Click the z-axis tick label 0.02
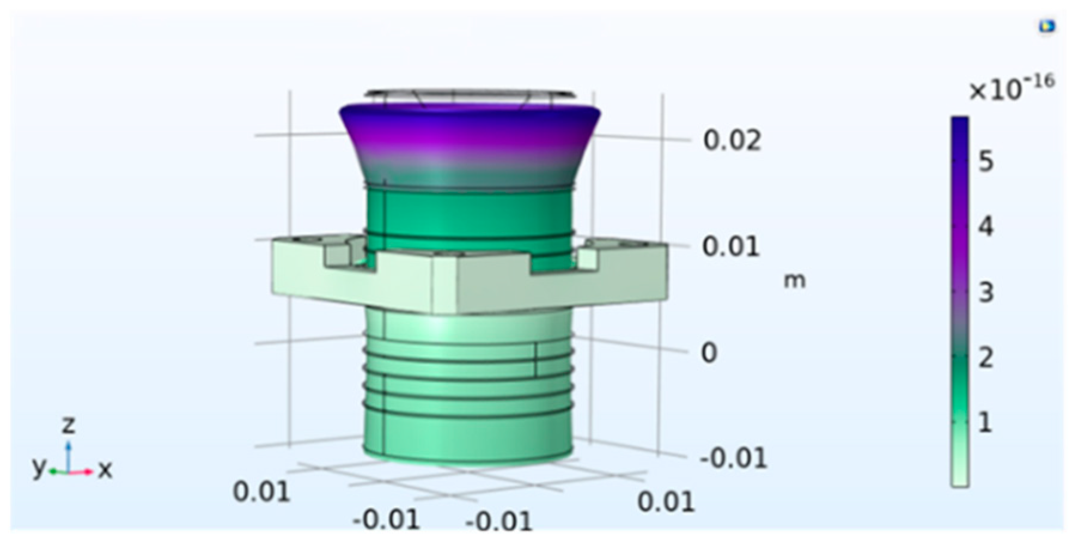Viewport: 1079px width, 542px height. pos(732,141)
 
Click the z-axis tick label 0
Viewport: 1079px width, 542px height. pos(709,353)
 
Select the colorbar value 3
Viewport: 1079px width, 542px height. pos(986,293)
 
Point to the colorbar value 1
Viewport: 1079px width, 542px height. pos(986,423)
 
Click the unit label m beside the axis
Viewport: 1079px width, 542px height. pos(795,281)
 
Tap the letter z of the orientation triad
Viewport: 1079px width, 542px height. pos(69,425)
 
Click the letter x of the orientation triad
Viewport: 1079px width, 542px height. pos(105,470)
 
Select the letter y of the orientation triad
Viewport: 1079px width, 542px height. pos(39,466)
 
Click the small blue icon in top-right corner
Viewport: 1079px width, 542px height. pos(1047,26)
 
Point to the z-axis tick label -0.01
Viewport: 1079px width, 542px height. pos(733,459)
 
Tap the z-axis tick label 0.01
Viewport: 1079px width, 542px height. pos(731,246)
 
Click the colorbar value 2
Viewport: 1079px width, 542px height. pos(986,358)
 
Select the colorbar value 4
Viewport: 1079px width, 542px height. pos(986,227)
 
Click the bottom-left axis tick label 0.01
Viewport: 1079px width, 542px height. pos(261,492)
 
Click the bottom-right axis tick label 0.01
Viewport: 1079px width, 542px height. pos(666,501)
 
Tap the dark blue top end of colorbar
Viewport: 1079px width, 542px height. pos(960,126)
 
